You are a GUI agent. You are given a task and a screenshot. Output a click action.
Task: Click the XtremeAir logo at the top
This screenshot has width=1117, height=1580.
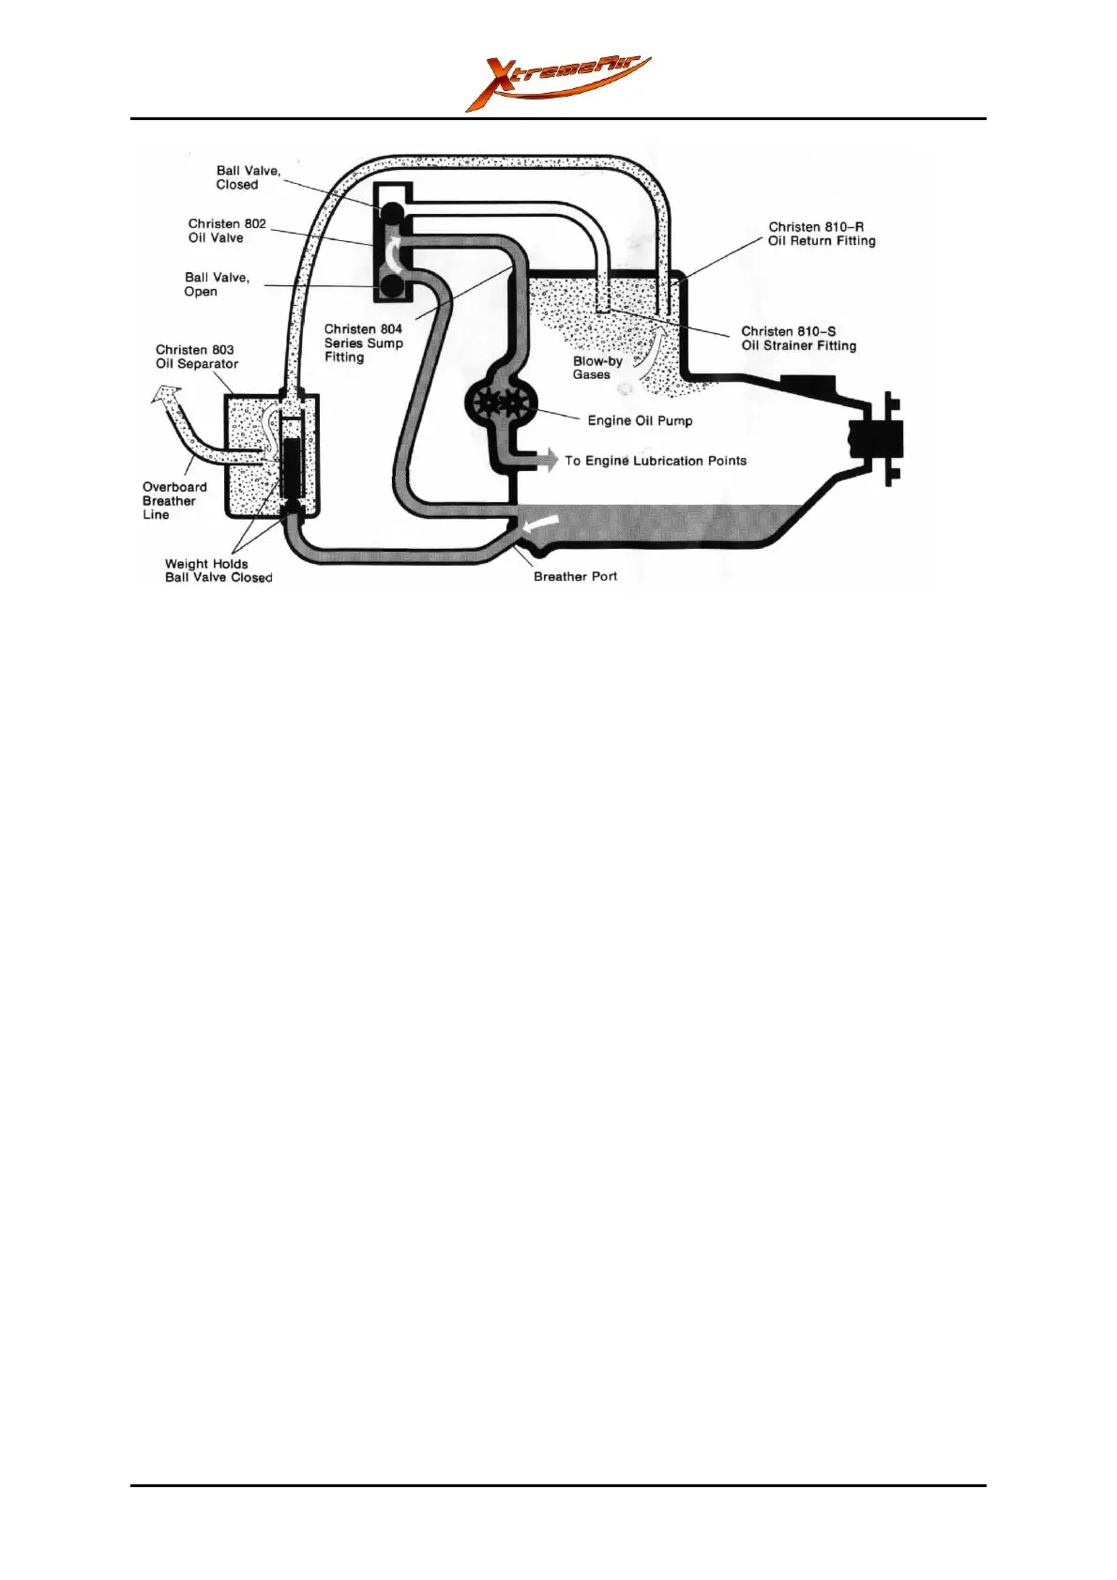pyautogui.click(x=558, y=83)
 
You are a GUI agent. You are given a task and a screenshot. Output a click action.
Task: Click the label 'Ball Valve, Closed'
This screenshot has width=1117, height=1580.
pyautogui.click(x=248, y=177)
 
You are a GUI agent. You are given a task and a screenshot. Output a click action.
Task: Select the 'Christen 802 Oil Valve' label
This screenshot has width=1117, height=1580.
pyautogui.click(x=226, y=231)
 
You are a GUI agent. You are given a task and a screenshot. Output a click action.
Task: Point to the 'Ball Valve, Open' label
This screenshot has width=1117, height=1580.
pyautogui.click(x=216, y=284)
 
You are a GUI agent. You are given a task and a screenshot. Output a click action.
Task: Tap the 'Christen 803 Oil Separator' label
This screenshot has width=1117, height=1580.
pyautogui.click(x=196, y=357)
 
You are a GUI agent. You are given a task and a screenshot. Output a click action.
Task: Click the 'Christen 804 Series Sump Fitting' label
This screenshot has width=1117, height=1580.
pyautogui.click(x=363, y=342)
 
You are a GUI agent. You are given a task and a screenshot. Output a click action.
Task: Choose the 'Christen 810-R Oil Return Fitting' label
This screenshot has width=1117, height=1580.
pyautogui.click(x=822, y=234)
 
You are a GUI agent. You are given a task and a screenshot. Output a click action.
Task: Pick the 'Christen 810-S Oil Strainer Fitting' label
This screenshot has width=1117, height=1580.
pyautogui.click(x=798, y=338)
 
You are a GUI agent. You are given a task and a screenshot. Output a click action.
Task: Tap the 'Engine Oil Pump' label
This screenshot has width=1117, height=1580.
pyautogui.click(x=640, y=420)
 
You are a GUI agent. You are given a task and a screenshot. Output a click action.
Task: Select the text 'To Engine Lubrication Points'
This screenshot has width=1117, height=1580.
pyautogui.click(x=656, y=461)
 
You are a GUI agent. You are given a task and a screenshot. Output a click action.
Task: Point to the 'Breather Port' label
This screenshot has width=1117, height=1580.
pyautogui.click(x=575, y=576)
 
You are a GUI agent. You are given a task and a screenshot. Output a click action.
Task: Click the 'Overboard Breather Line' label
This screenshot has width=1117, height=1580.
pyautogui.click(x=174, y=500)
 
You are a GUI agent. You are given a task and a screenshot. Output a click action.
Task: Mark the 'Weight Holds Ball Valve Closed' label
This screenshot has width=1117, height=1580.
pyautogui.click(x=219, y=570)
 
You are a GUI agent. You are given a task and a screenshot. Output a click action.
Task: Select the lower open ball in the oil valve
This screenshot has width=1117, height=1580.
pyautogui.click(x=392, y=284)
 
